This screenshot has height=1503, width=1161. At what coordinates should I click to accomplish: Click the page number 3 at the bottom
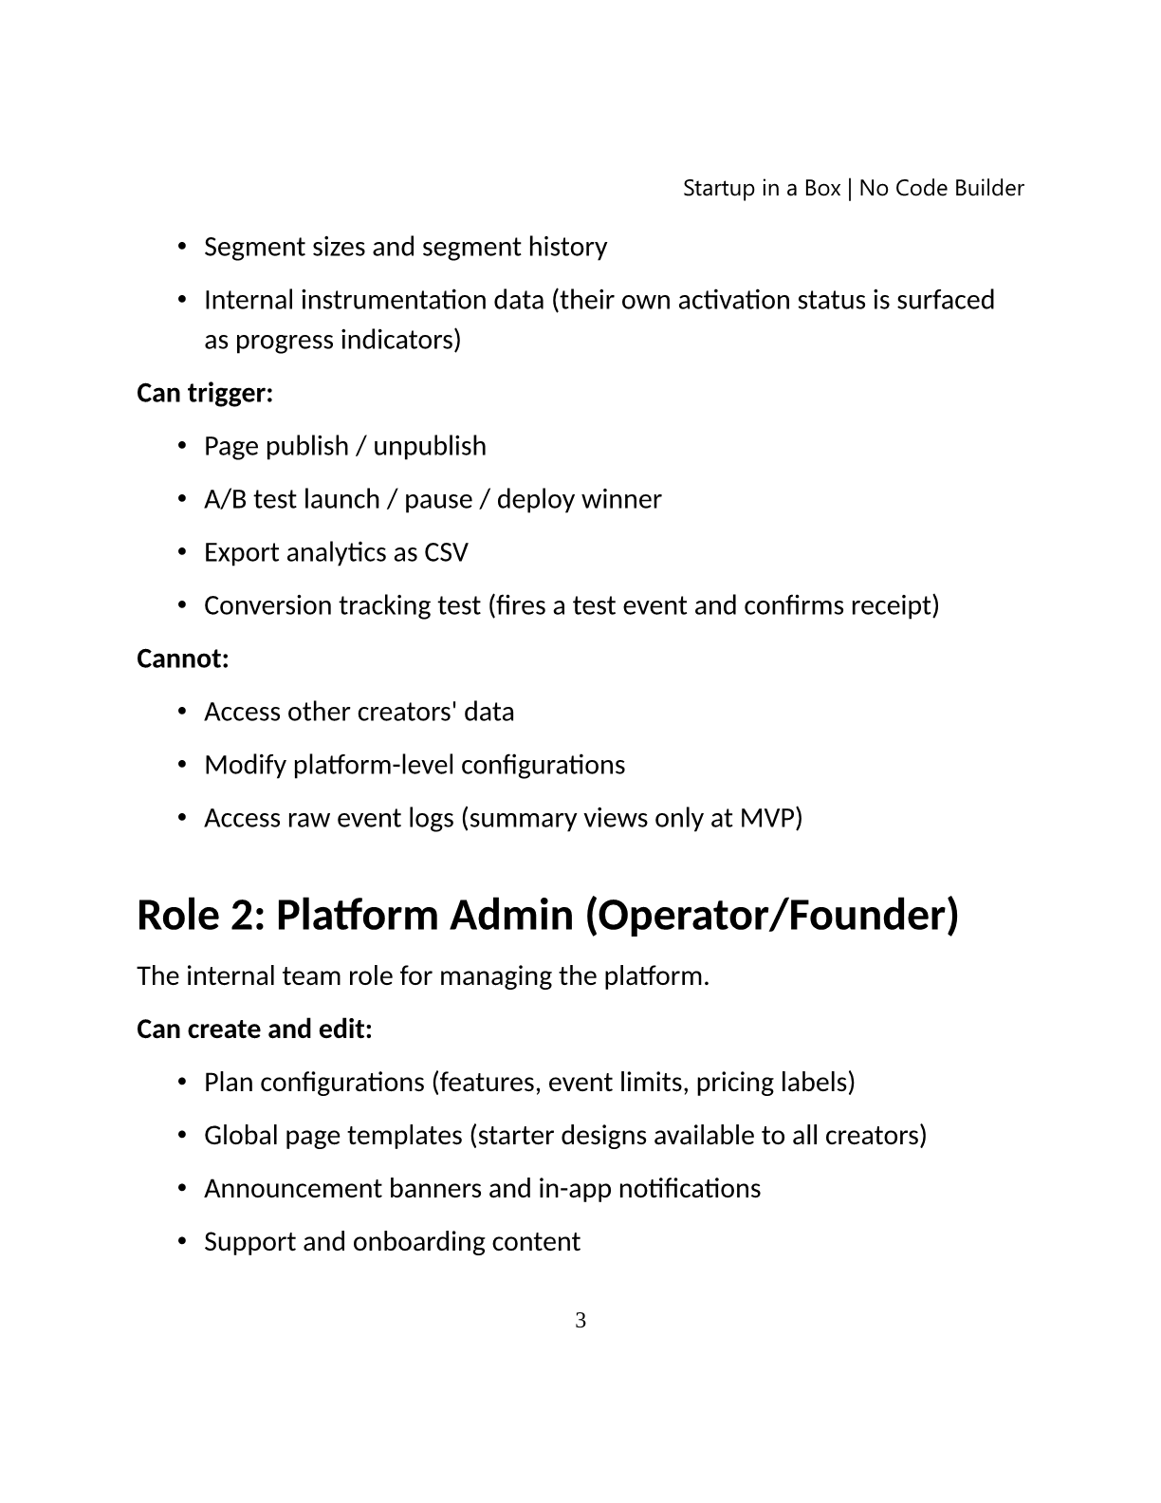point(580,1320)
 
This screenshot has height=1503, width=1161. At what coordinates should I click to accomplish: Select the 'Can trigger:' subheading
point(205,392)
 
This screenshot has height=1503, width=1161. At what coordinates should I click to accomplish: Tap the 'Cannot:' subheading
point(183,658)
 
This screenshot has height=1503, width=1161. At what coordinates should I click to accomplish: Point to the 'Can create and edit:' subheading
point(254,1029)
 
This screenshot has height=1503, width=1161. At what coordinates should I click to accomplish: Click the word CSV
point(446,552)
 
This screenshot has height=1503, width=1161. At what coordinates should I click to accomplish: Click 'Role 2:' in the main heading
point(199,915)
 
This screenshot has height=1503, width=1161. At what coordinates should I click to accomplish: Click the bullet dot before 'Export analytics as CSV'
point(182,552)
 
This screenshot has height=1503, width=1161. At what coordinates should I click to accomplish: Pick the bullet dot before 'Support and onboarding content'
point(182,1241)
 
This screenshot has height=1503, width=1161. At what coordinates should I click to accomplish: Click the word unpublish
point(429,446)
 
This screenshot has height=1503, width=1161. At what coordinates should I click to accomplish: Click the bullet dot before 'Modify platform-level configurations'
point(182,765)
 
